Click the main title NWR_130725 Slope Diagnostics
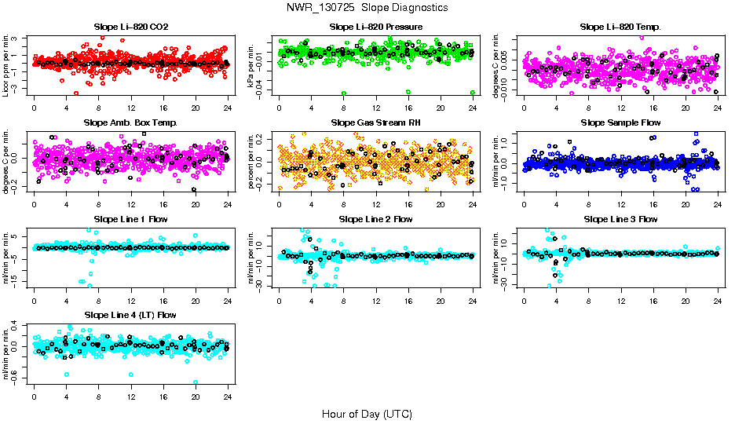click(x=367, y=7)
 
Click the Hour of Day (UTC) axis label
click(x=367, y=413)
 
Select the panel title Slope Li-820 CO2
click(x=130, y=27)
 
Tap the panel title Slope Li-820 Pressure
click(x=376, y=27)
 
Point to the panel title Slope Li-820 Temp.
click(x=620, y=27)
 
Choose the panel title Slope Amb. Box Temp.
click(x=130, y=122)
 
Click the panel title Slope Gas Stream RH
click(x=376, y=122)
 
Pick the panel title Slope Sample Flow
click(x=620, y=122)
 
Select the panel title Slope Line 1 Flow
click(x=130, y=219)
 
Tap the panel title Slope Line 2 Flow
click(x=376, y=219)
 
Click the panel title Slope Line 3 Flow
click(x=620, y=219)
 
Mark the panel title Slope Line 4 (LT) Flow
click(x=130, y=315)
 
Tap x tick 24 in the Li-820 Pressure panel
click(x=473, y=108)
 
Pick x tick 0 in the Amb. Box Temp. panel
click(x=35, y=203)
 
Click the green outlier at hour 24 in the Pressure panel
click(x=473, y=93)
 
